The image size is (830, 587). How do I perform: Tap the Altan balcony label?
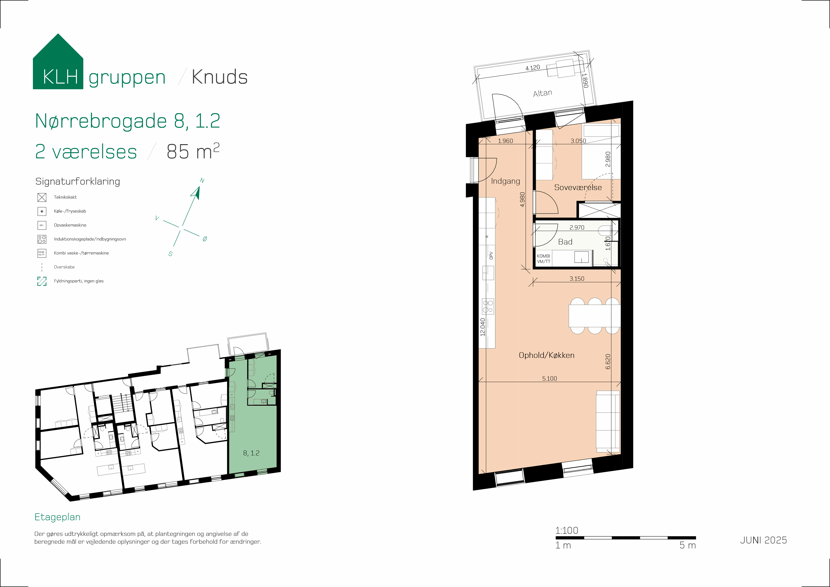pyautogui.click(x=543, y=93)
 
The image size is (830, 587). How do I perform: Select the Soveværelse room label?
pyautogui.click(x=578, y=187)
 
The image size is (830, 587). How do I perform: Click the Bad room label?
pyautogui.click(x=565, y=242)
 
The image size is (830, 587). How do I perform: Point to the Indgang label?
pyautogui.click(x=505, y=181)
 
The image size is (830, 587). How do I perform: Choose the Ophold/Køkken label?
pyautogui.click(x=546, y=355)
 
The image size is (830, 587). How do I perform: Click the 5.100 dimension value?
pyautogui.click(x=550, y=378)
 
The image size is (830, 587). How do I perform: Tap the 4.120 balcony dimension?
pyautogui.click(x=533, y=68)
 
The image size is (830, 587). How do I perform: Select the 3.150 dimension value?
pyautogui.click(x=577, y=279)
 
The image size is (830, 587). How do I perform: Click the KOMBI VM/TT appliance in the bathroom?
pyautogui.click(x=543, y=259)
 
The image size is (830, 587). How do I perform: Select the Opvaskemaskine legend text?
pyautogui.click(x=70, y=225)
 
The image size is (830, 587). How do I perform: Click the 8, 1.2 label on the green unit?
pyautogui.click(x=251, y=453)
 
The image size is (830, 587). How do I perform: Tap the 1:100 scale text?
pyautogui.click(x=566, y=530)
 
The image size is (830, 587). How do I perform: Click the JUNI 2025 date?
pyautogui.click(x=763, y=540)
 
